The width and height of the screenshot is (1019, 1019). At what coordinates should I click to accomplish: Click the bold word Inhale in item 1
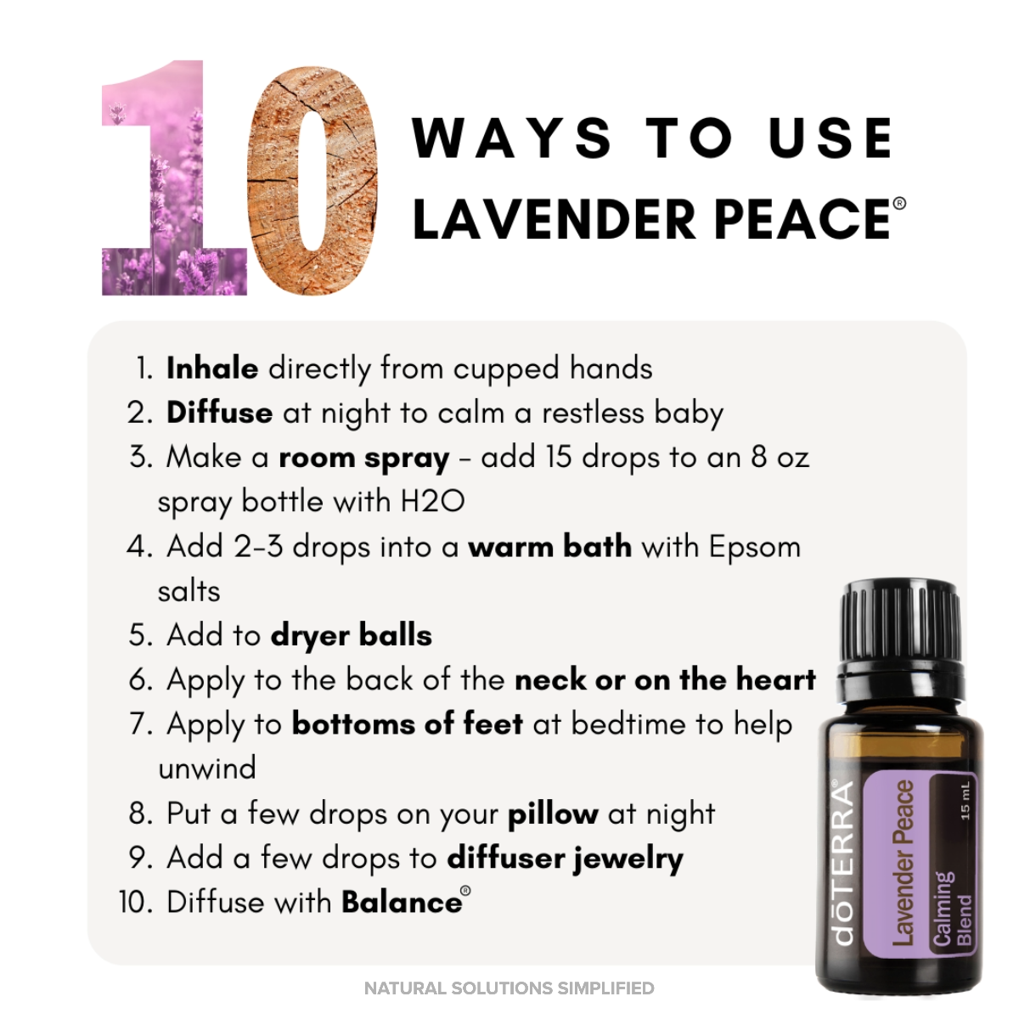pyautogui.click(x=212, y=369)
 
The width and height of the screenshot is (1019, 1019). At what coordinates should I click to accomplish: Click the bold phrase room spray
pyautogui.click(x=363, y=459)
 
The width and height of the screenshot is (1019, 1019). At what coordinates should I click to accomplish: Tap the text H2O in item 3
pyautogui.click(x=432, y=502)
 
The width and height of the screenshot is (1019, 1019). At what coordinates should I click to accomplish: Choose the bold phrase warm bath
pyautogui.click(x=549, y=547)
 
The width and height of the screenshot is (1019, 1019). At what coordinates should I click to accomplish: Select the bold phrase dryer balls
pyautogui.click(x=351, y=635)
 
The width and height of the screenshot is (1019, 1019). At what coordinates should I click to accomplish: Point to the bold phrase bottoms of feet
pyautogui.click(x=407, y=724)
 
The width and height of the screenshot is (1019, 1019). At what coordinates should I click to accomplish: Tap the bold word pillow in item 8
pyautogui.click(x=553, y=814)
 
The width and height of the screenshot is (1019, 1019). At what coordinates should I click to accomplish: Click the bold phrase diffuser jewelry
pyautogui.click(x=565, y=859)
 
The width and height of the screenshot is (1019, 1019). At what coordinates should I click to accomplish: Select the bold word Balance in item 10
pyautogui.click(x=401, y=903)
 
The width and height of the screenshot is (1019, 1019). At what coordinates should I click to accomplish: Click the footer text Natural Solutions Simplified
pyautogui.click(x=509, y=988)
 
